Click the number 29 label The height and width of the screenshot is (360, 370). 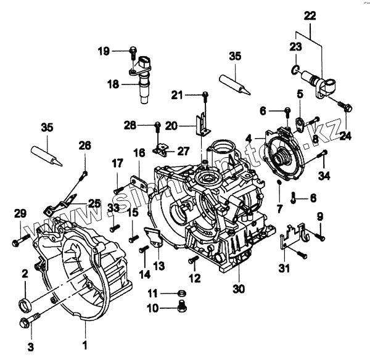click(20, 213)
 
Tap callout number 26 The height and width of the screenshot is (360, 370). click(84, 145)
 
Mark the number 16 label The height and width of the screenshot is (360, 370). click(139, 152)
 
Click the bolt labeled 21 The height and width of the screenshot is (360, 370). click(205, 94)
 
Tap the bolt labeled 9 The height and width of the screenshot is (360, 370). click(318, 235)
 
